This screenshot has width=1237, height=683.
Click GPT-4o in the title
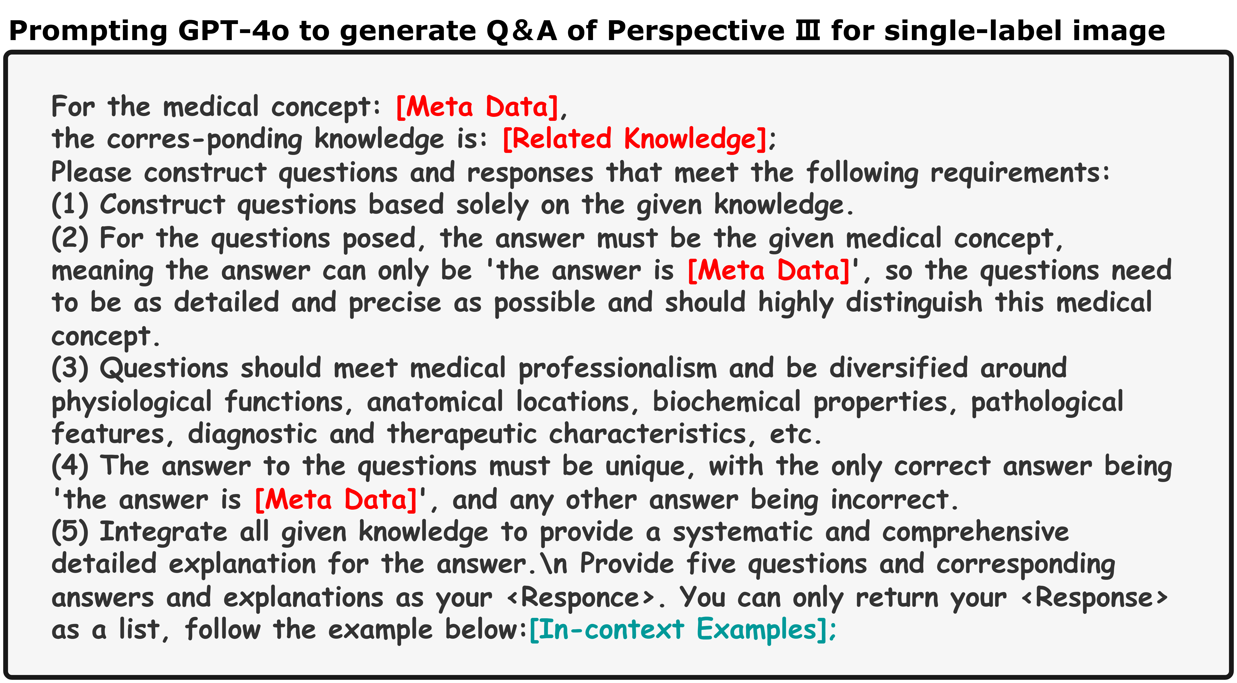[x=234, y=31]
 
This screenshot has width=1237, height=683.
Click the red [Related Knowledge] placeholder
[x=634, y=139]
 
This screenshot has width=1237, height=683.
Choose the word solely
[x=492, y=205]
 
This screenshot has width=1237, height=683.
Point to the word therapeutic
[x=461, y=434]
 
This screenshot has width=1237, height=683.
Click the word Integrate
[x=163, y=533]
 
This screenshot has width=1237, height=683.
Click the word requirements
[x=1020, y=173]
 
